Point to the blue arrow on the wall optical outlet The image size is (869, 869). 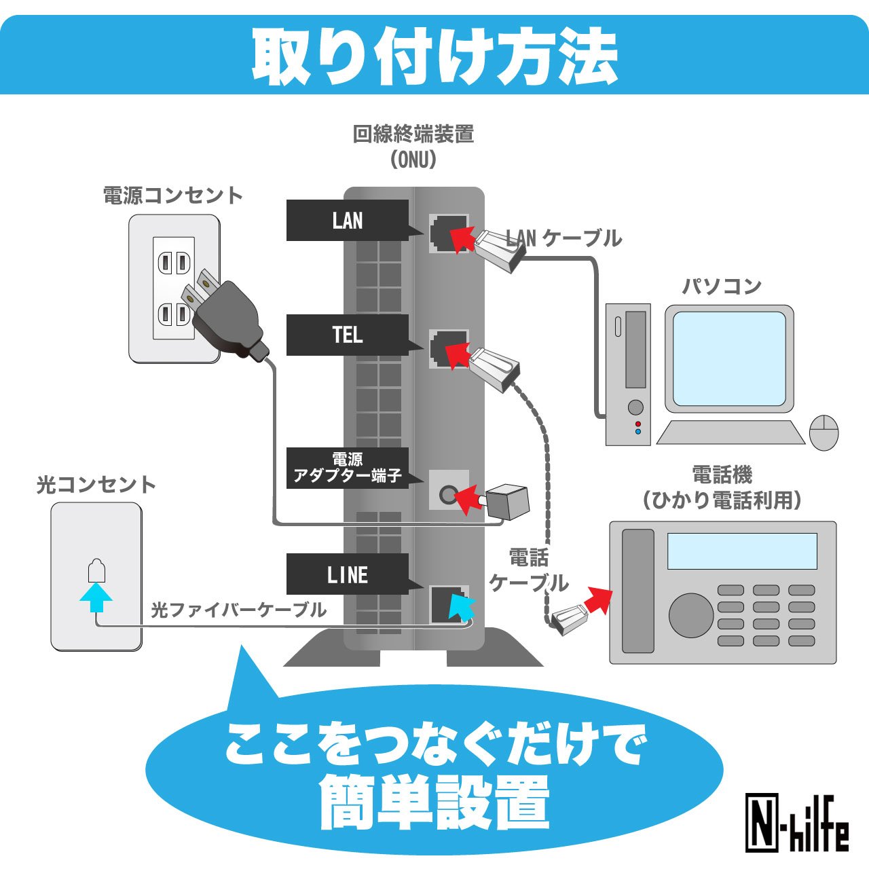tap(96, 597)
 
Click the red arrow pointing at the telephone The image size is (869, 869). tap(598, 601)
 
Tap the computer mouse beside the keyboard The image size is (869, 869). tap(824, 432)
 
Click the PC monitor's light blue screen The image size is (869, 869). tap(729, 358)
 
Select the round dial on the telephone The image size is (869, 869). tap(691, 615)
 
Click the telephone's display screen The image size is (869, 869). tap(742, 551)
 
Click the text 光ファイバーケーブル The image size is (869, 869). tap(238, 610)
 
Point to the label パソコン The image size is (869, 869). tap(722, 286)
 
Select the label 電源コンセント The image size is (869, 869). tap(173, 196)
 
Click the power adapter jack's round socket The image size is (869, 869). tap(447, 495)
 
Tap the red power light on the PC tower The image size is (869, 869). tap(637, 424)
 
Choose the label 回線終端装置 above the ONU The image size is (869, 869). tap(413, 134)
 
